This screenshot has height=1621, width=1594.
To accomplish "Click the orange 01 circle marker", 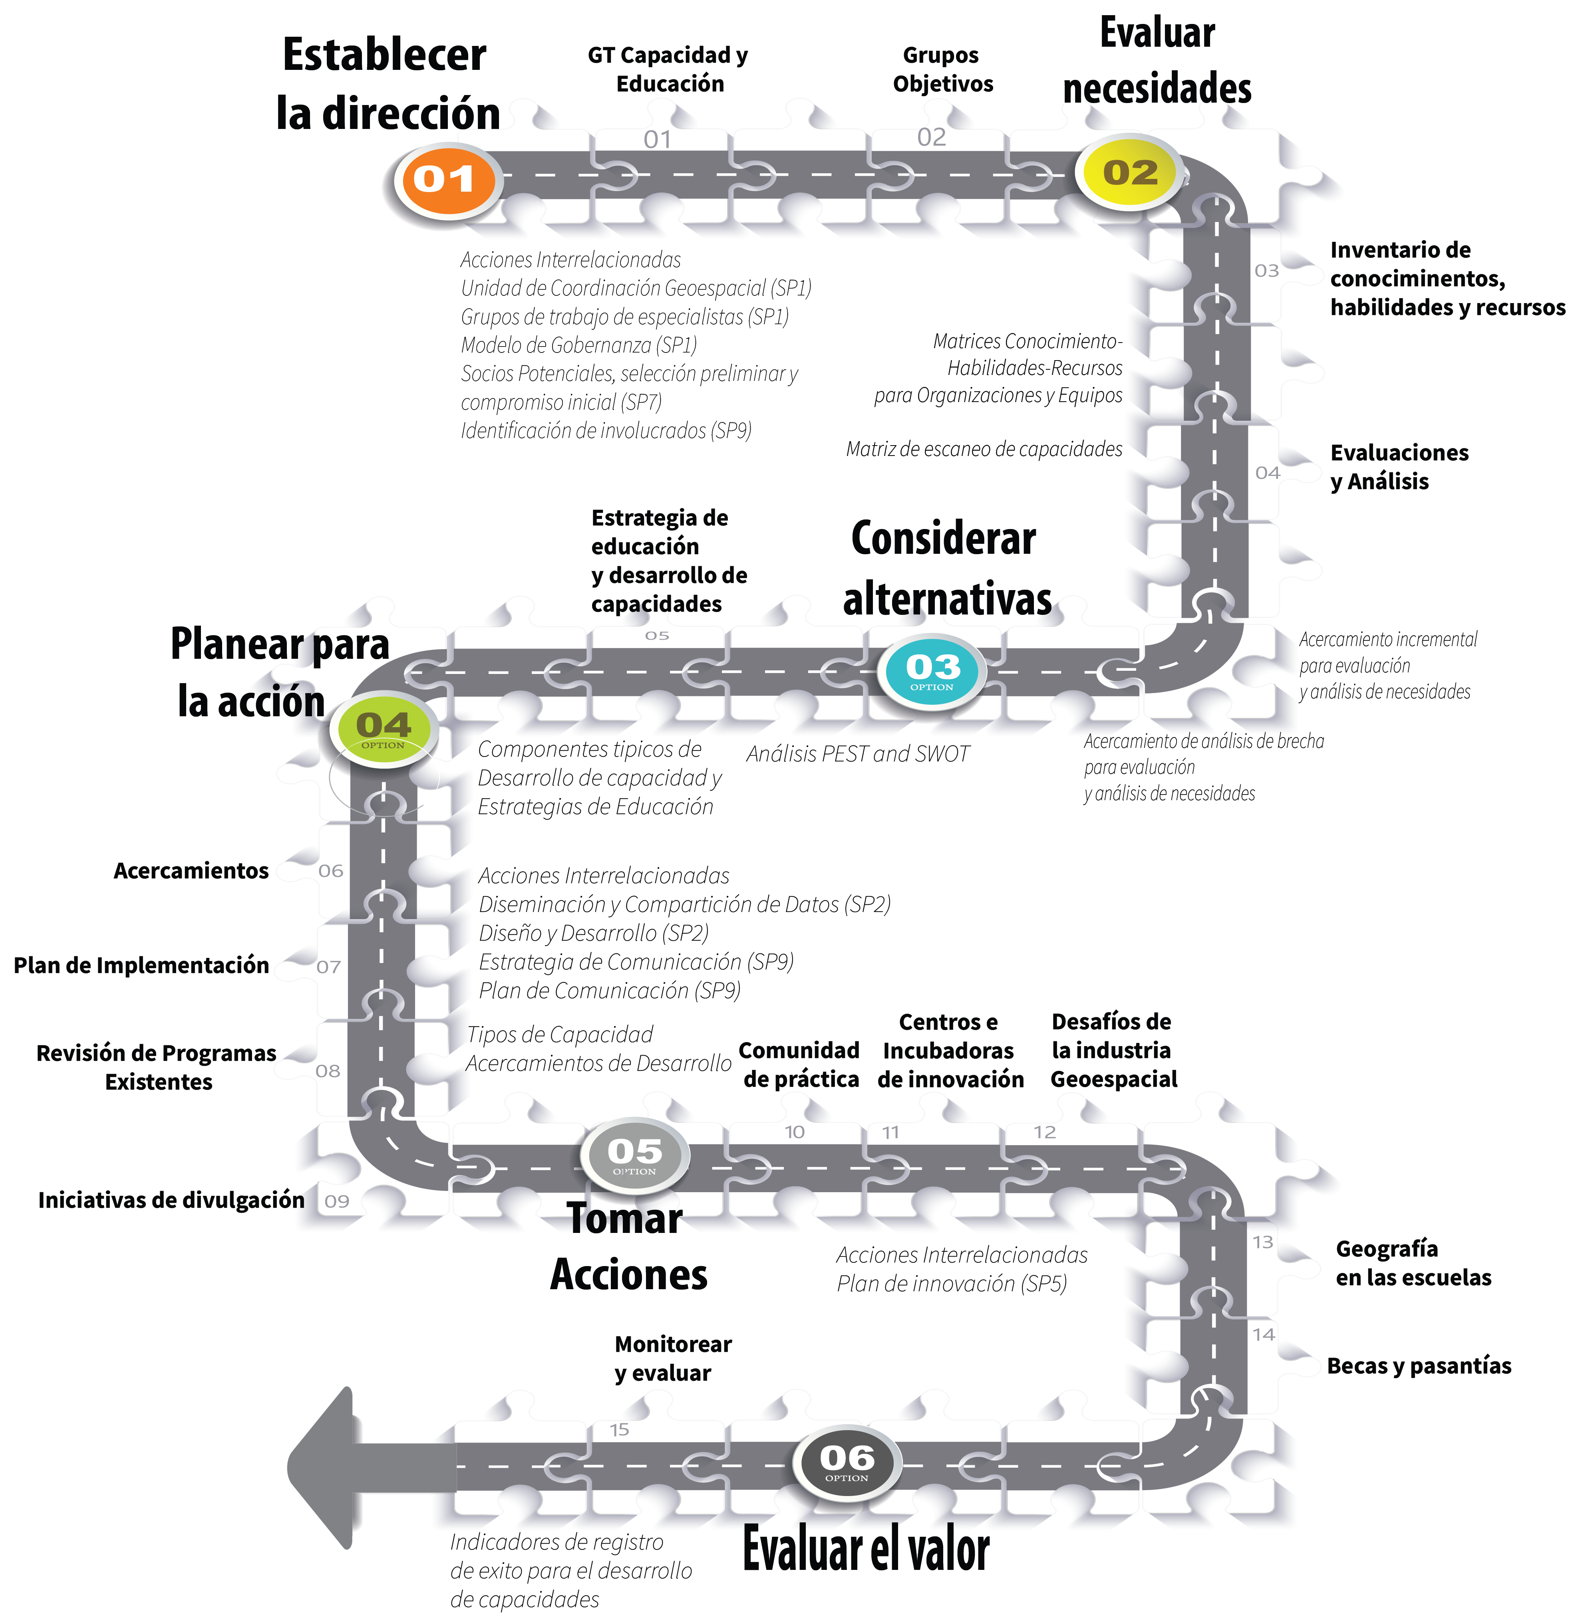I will click(446, 180).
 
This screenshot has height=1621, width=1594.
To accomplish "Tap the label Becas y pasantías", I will click(1419, 1366).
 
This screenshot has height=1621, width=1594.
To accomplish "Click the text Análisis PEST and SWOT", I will click(857, 754).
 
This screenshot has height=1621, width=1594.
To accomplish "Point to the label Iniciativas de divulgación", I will click(171, 1200).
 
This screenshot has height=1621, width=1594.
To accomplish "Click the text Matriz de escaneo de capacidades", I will click(984, 450).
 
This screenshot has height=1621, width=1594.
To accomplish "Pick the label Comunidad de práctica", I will click(799, 1064).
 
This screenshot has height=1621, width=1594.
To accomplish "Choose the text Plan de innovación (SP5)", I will click(952, 1284).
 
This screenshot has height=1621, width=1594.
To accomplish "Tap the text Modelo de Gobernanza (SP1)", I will click(578, 345).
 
